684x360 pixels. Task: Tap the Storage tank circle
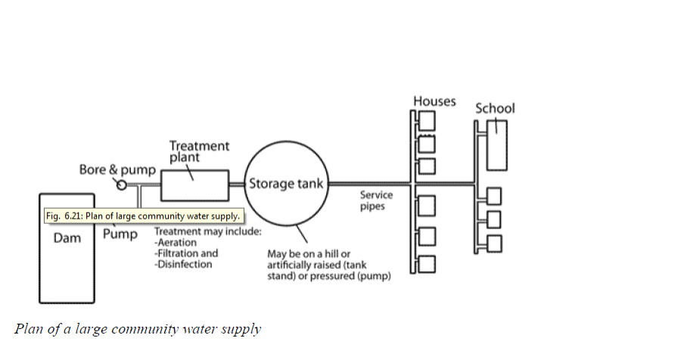pyautogui.click(x=287, y=184)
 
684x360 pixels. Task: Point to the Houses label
pyautogui.click(x=434, y=101)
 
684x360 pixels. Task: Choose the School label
pyautogui.click(x=495, y=108)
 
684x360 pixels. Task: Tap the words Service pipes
pyautogui.click(x=376, y=200)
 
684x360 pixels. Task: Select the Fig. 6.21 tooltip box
pyautogui.click(x=141, y=216)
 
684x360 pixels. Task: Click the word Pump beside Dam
pyautogui.click(x=120, y=234)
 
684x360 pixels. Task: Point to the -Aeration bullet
pyautogui.click(x=176, y=243)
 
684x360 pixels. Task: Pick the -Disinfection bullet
pyautogui.click(x=183, y=264)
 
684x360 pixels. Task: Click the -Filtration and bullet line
pyautogui.click(x=185, y=253)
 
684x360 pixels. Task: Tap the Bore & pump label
pyautogui.click(x=117, y=169)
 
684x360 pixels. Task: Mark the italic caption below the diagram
pyautogui.click(x=138, y=329)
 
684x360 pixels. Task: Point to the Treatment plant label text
pyautogui.click(x=199, y=151)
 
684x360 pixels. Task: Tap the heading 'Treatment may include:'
pyautogui.click(x=207, y=231)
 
